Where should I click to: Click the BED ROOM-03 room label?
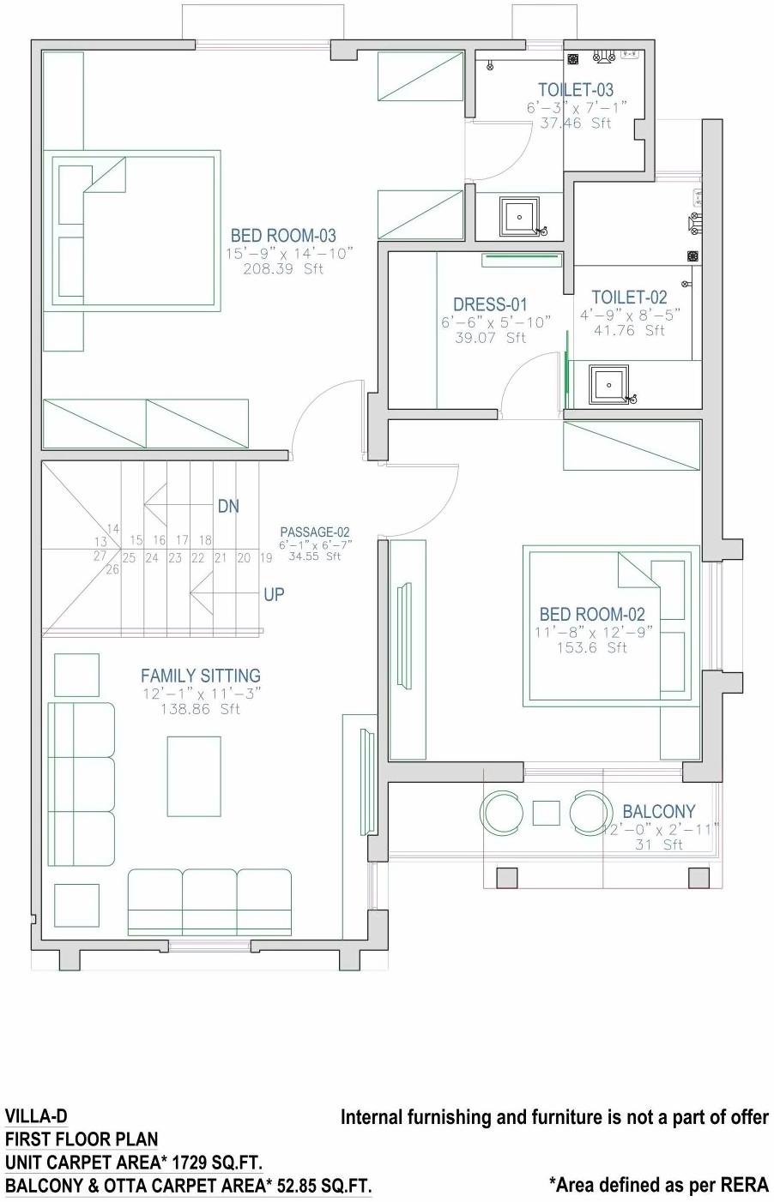[x=283, y=235]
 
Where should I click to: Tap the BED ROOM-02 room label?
[x=592, y=614]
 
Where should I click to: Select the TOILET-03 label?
[x=576, y=89]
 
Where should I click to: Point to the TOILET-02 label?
[x=629, y=297]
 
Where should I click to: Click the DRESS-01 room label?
[x=490, y=304]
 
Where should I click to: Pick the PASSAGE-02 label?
[x=314, y=532]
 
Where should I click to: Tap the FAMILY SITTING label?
[x=201, y=676]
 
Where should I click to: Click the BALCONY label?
[x=658, y=811]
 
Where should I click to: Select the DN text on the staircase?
[x=228, y=507]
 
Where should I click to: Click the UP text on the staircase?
[x=274, y=594]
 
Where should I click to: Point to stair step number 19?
[x=266, y=558]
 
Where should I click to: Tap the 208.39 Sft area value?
[x=283, y=268]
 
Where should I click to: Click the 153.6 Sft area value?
[x=592, y=647]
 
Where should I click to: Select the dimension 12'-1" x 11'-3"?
[x=201, y=694]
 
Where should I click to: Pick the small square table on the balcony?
[x=546, y=812]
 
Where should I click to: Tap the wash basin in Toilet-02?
[x=608, y=384]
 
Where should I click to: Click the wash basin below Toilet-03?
[x=519, y=216]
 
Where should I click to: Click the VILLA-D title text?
[x=36, y=1116]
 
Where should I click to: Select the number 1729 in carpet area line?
[x=190, y=1163]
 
